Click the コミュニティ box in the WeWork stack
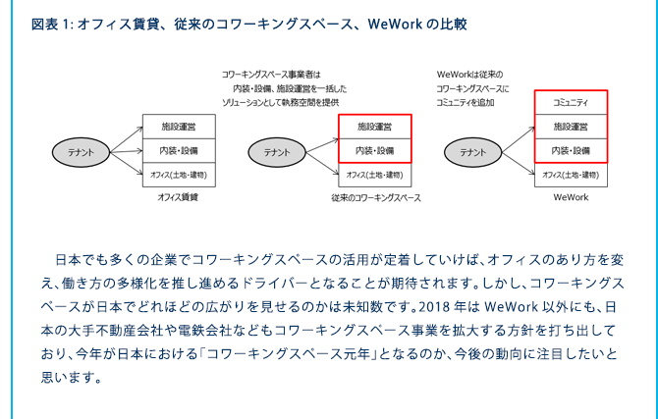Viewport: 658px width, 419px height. [x=571, y=102]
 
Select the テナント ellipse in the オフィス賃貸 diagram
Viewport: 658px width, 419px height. [x=81, y=152]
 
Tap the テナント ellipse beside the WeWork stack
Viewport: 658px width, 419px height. [x=473, y=152]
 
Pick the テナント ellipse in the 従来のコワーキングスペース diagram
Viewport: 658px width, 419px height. [x=277, y=152]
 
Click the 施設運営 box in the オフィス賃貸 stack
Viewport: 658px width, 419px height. [x=179, y=127]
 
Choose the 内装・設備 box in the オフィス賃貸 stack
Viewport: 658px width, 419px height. [x=179, y=150]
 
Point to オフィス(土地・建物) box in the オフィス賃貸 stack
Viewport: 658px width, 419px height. [x=179, y=175]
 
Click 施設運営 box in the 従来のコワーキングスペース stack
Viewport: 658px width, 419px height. [x=375, y=127]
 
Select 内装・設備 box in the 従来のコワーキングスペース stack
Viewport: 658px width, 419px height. [x=375, y=150]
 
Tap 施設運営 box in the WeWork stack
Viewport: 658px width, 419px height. [x=571, y=127]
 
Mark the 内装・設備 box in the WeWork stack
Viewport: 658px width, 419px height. [x=571, y=150]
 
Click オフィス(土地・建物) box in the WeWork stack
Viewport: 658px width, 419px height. [x=571, y=175]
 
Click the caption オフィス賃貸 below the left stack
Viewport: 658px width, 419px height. [x=178, y=197]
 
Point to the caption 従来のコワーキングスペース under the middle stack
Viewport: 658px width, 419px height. [x=376, y=197]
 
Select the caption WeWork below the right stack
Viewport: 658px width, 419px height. [x=571, y=197]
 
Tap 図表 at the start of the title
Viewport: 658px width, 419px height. [x=45, y=24]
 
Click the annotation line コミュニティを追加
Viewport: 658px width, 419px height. [x=466, y=102]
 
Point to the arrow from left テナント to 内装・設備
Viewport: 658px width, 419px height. [x=127, y=151]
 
